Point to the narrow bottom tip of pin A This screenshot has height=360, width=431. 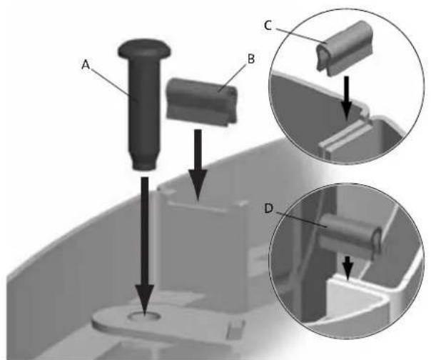tap(143, 166)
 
